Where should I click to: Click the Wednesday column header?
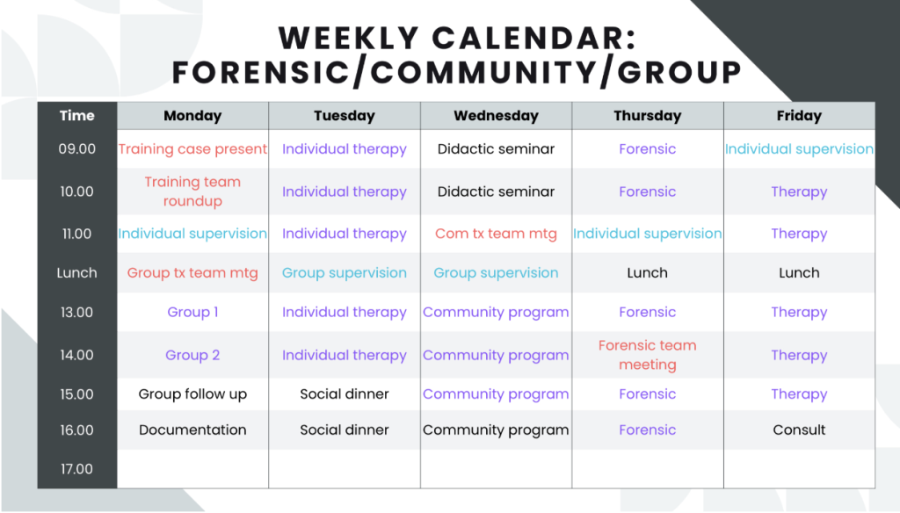(x=496, y=116)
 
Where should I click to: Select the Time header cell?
(x=77, y=116)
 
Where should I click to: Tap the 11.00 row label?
(x=77, y=235)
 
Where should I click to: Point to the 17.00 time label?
(x=77, y=469)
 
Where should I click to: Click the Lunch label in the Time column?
(x=77, y=273)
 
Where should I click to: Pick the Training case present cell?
(x=192, y=149)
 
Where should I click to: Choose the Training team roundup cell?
(x=192, y=191)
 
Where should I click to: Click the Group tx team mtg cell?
(x=192, y=273)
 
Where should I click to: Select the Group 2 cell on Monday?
(x=192, y=355)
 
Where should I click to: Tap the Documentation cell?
(x=192, y=430)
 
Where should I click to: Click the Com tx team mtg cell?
(x=496, y=235)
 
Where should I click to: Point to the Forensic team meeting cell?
(x=648, y=355)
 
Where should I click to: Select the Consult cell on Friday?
(x=799, y=430)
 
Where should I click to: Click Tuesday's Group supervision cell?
(x=345, y=273)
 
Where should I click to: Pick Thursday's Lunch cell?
(x=648, y=273)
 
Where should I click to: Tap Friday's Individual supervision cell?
(x=799, y=149)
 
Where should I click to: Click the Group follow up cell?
(x=192, y=394)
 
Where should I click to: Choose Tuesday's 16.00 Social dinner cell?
(x=345, y=430)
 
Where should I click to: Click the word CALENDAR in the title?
(x=534, y=39)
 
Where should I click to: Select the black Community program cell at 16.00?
(x=496, y=430)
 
